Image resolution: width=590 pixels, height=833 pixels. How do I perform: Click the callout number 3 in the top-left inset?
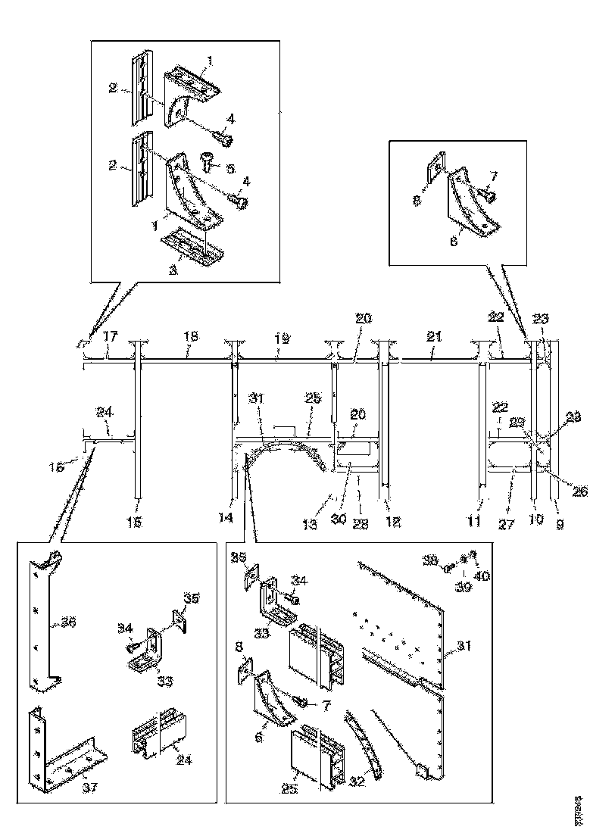[x=173, y=270]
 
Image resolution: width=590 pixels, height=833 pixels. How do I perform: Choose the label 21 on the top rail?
[x=433, y=333]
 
